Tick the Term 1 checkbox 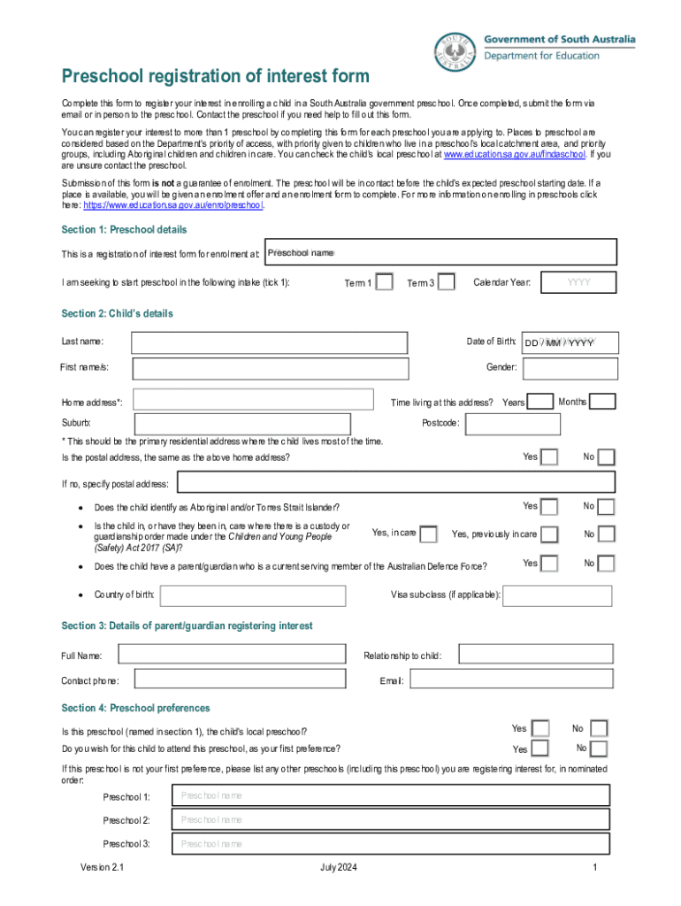coord(385,282)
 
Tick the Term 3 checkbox coord(447,282)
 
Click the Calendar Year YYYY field coord(578,282)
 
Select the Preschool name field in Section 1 coord(440,253)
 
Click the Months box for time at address coord(602,402)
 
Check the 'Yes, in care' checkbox coord(428,534)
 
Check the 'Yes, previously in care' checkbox coord(549,534)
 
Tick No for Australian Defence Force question coord(606,564)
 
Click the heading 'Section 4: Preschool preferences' coord(135,708)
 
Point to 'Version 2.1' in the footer coord(103,868)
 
